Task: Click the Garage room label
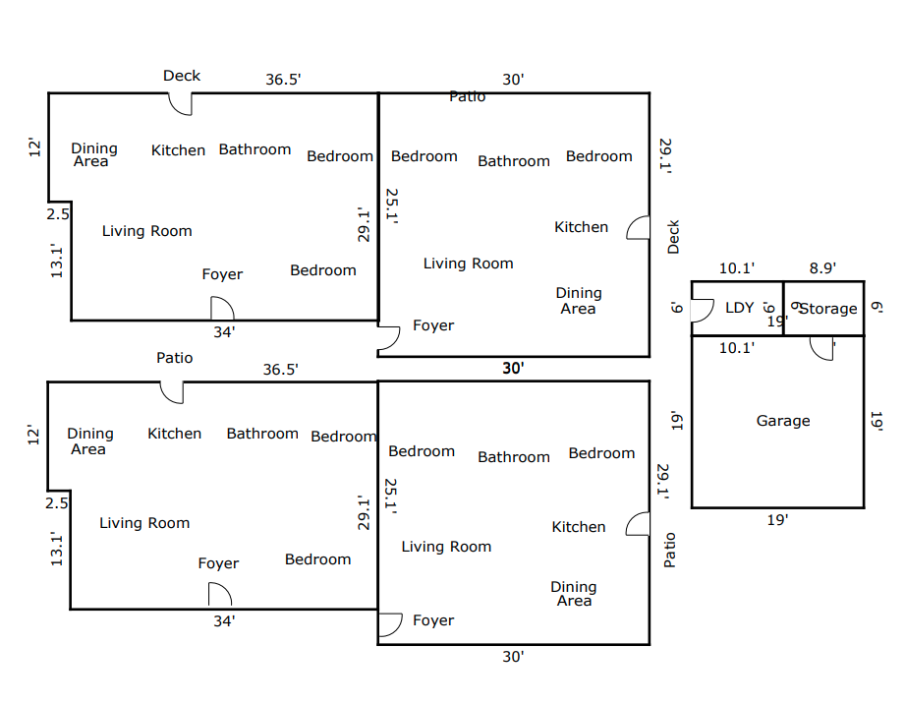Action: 782,421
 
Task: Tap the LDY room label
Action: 739,308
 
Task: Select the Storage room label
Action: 828,309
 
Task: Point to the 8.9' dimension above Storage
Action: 822,268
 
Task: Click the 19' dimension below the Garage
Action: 777,520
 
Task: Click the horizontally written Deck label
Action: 182,76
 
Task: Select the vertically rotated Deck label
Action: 673,237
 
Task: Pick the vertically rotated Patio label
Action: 669,551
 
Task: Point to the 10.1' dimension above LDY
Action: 736,268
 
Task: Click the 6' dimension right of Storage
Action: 877,307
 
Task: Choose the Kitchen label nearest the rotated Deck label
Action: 581,227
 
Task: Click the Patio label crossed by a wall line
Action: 468,96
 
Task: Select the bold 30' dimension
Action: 513,368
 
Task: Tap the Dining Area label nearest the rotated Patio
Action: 574,594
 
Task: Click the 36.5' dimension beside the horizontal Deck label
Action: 283,79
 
